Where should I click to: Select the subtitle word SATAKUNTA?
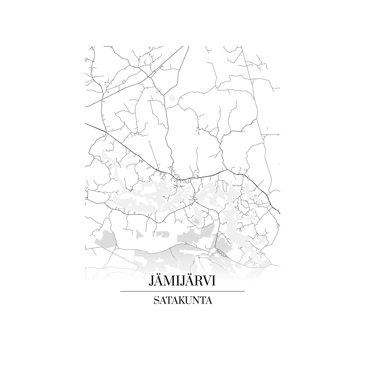182,300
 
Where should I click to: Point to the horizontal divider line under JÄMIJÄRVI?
182,291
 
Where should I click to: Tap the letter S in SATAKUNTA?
156,300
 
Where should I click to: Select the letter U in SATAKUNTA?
190,300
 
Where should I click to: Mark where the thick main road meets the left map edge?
86,124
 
